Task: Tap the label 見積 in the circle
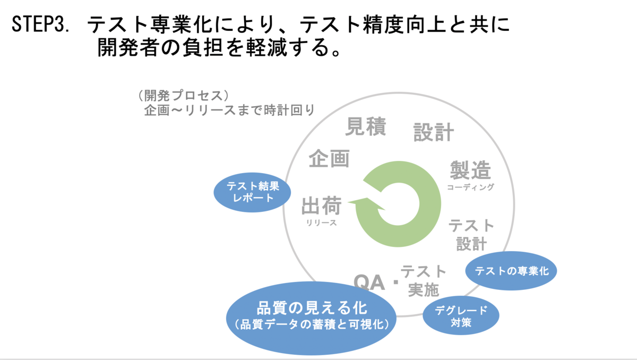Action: click(366, 126)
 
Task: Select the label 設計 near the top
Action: click(434, 132)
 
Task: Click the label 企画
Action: click(329, 158)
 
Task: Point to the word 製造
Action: click(470, 170)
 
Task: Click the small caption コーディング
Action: click(470, 187)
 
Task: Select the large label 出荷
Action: click(321, 207)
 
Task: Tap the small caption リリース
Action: click(321, 223)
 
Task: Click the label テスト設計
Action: click(471, 234)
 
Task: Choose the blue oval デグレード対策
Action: click(461, 316)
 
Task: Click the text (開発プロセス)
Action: click(183, 96)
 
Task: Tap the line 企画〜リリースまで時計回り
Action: click(229, 110)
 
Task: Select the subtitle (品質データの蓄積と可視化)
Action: click(312, 324)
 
